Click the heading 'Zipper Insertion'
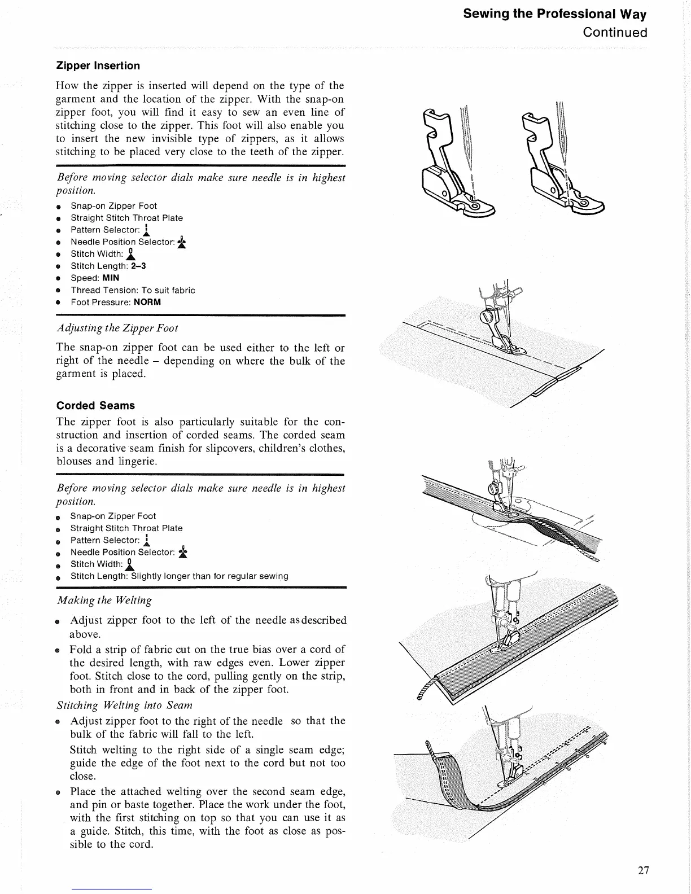tap(98, 65)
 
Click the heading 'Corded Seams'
tap(95, 405)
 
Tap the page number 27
tap(643, 870)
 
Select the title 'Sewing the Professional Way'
tap(554, 14)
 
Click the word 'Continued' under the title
tap(615, 32)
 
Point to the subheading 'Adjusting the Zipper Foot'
tap(117, 328)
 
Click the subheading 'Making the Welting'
tap(104, 600)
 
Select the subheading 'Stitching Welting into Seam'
tap(125, 705)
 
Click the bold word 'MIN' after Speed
tap(111, 278)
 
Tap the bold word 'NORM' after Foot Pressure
tap(147, 302)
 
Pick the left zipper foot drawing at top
tap(457, 164)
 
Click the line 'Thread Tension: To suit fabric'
tap(133, 290)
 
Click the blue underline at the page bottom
tap(112, 889)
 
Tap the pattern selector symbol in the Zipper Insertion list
tap(146, 230)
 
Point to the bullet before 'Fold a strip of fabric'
tap(58, 650)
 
